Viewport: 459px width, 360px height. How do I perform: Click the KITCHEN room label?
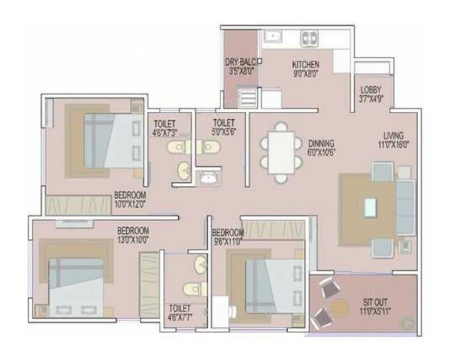(306, 65)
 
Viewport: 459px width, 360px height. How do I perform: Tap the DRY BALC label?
(240, 62)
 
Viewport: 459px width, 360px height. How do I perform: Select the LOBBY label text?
(370, 89)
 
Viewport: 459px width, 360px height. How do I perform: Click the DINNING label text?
(321, 143)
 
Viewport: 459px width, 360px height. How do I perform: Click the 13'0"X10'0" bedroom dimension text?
(132, 239)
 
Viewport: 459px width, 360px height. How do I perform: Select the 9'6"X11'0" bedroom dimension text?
(228, 242)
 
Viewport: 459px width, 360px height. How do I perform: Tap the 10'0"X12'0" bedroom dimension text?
(130, 204)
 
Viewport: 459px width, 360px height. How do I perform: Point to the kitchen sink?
(273, 36)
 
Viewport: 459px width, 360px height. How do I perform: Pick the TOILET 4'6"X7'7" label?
(180, 313)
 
